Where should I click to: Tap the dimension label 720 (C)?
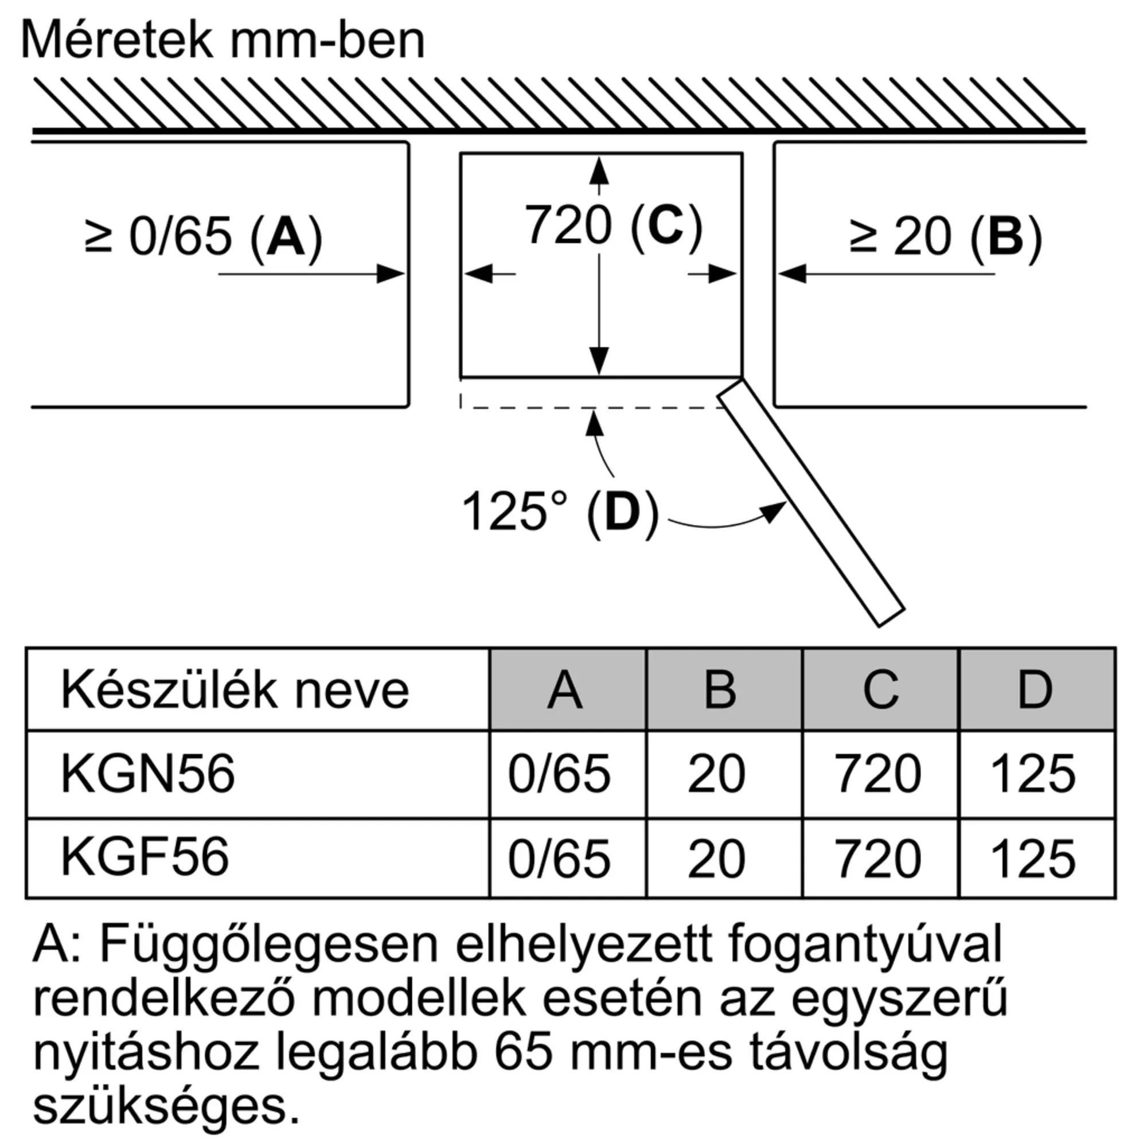pos(613,225)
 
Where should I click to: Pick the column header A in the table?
pos(566,690)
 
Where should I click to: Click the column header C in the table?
pos(880,690)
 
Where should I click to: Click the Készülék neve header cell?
pos(235,690)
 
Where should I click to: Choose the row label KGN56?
pos(148,774)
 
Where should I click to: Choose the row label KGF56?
pos(145,857)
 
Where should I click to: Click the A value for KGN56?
pos(559,774)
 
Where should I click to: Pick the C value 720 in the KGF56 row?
pos(878,859)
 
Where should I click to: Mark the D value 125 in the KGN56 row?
pos(1033,774)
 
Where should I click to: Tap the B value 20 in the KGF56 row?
pos(716,859)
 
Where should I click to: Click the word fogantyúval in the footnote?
pos(865,944)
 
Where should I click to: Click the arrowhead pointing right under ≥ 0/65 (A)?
pos(391,274)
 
